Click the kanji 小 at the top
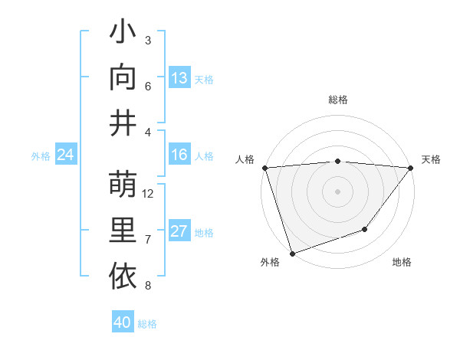click(x=123, y=34)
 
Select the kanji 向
click(x=123, y=78)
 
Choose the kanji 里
click(x=123, y=231)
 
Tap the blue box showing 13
click(x=179, y=78)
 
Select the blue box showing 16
click(x=179, y=155)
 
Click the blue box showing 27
click(x=179, y=231)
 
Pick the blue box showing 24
click(x=65, y=155)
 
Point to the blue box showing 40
click(x=123, y=322)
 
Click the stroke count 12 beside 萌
click(x=149, y=194)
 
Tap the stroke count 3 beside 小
click(x=148, y=40)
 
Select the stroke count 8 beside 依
click(x=148, y=286)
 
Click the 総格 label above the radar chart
click(x=338, y=100)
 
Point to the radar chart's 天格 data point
click(x=411, y=168)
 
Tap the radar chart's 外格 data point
click(x=292, y=253)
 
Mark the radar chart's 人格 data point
click(x=264, y=168)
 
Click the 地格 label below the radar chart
click(x=402, y=263)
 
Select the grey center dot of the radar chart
click(x=337, y=191)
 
